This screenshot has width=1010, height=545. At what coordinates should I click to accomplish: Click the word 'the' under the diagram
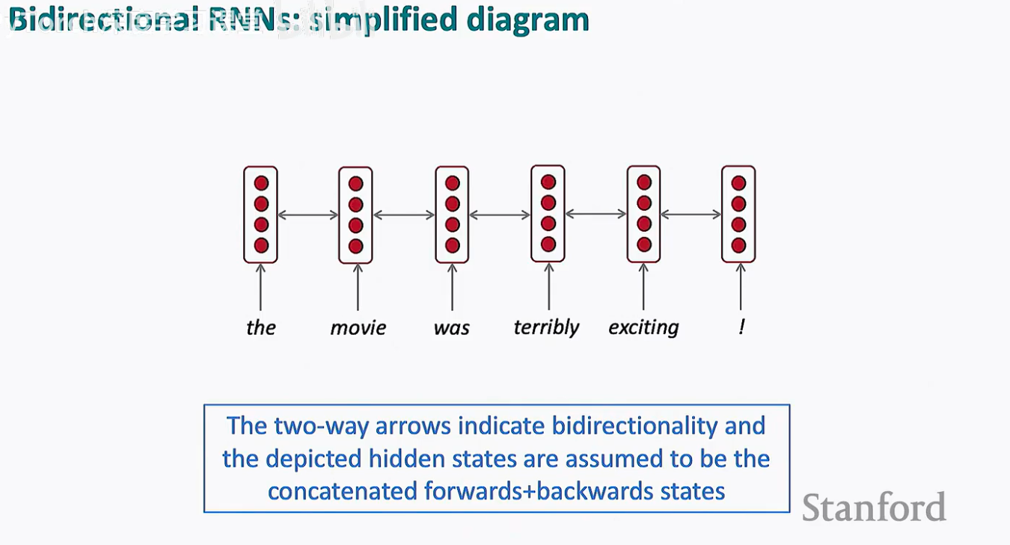[261, 327]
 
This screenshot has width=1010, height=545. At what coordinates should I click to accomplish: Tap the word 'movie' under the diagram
[358, 327]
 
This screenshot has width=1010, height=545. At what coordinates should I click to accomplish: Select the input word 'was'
[452, 327]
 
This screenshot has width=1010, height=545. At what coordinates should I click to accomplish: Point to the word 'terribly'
[546, 327]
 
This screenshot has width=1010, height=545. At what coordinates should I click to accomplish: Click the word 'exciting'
[643, 327]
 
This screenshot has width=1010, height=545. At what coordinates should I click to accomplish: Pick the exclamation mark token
[741, 327]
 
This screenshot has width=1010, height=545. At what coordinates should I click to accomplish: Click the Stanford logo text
[874, 508]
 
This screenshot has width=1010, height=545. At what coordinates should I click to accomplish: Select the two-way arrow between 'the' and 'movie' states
[308, 215]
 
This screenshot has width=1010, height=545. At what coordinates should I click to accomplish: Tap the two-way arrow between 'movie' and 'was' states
[404, 215]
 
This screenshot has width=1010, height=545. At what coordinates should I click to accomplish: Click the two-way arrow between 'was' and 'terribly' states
[500, 215]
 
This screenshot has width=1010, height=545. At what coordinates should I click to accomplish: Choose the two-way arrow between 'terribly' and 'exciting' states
[596, 214]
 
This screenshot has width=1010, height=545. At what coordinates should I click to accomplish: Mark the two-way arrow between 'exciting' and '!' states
[691, 215]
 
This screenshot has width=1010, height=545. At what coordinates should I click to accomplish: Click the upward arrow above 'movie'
[358, 287]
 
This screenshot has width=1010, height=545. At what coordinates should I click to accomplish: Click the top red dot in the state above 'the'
[260, 183]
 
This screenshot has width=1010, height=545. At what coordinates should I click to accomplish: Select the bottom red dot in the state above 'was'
[452, 244]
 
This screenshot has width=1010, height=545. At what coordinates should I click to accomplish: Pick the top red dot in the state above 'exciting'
[643, 182]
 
